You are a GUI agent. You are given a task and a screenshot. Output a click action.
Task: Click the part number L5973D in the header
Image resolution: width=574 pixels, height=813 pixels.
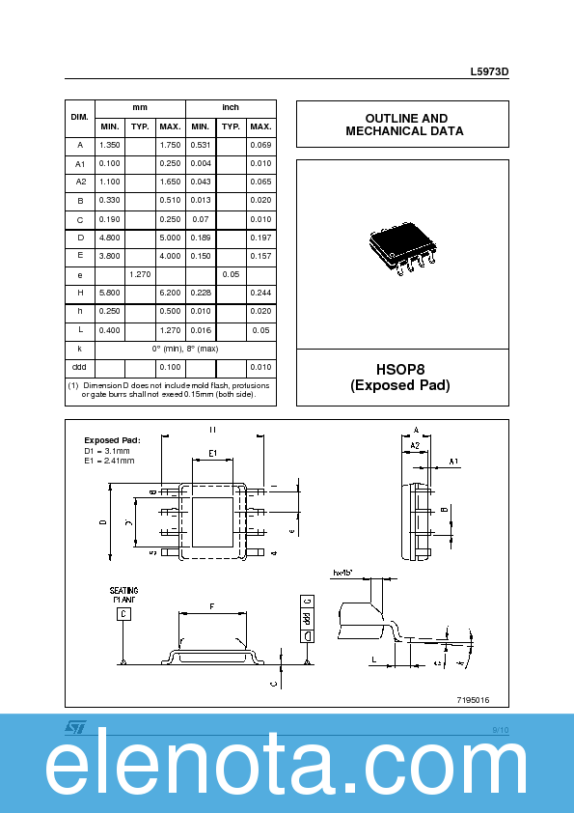point(489,72)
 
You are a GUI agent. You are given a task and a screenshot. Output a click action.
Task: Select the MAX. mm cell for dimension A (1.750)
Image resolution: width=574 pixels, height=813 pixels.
point(170,145)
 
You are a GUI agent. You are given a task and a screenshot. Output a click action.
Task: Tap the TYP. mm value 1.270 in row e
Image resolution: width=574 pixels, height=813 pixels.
point(140,274)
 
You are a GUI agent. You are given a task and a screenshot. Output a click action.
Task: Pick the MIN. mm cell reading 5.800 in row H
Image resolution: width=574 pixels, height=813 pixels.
point(110,293)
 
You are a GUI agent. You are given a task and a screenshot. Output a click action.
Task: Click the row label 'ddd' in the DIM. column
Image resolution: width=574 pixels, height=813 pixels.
point(80,367)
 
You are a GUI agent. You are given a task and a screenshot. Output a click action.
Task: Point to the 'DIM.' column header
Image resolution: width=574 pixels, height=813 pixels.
point(80,117)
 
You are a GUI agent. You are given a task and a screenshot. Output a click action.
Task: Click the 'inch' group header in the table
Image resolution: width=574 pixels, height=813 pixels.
point(231,107)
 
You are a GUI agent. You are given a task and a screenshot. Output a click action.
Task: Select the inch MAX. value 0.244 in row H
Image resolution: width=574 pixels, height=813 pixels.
point(260,293)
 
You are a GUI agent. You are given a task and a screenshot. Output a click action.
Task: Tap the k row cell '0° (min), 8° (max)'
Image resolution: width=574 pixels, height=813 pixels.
point(185,348)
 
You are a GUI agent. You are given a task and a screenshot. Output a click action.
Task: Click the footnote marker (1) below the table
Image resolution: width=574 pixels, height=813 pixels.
point(72,385)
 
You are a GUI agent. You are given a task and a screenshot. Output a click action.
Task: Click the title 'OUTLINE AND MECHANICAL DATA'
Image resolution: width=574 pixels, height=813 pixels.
point(402,125)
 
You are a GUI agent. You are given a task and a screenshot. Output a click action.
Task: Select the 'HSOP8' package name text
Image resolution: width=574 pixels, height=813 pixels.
point(402,369)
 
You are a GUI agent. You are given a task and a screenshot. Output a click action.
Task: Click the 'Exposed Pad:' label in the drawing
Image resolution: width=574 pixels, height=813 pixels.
point(112,440)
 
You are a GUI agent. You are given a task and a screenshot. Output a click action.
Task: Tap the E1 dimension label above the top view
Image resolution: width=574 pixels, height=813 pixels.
point(213,453)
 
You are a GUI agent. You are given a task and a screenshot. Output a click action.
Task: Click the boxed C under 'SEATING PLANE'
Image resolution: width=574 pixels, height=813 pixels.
point(123,614)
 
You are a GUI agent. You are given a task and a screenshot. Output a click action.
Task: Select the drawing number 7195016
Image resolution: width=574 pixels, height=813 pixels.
point(474,700)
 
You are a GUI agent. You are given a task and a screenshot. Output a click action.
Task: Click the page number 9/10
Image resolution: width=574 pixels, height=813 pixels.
point(500,730)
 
